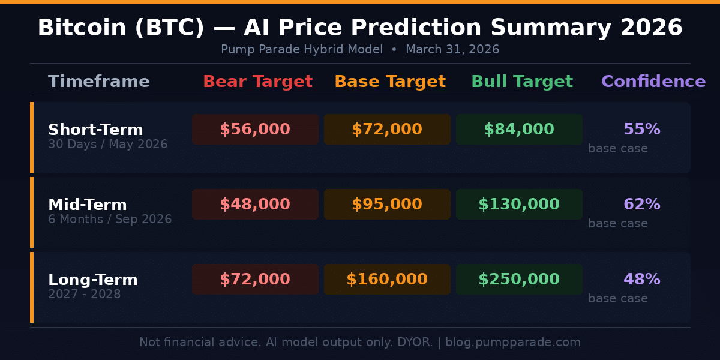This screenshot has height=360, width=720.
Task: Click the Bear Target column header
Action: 257,82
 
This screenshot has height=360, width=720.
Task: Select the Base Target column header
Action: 390,82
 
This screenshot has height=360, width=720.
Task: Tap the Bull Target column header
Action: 522,82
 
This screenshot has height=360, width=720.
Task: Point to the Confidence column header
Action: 653,82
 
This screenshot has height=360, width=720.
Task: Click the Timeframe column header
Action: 99,82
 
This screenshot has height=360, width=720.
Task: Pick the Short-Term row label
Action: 95,130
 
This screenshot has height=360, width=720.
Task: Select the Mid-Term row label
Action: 88,205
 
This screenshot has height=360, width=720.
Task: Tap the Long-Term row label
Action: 93,280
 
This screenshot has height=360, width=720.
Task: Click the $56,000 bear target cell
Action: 255,130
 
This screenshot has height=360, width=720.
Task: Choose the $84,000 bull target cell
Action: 519,130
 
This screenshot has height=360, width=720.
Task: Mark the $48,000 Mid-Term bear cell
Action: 255,205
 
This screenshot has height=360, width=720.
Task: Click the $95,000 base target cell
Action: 387,205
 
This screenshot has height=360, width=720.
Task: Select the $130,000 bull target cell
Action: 519,205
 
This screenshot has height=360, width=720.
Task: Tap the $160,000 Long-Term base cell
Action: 387,280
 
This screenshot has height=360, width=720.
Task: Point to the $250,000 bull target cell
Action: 519,280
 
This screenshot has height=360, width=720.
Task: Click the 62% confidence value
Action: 642,205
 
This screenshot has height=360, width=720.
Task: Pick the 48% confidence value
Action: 642,280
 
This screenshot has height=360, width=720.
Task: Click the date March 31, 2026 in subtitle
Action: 452,50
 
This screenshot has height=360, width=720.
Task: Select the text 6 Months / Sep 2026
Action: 110,220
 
